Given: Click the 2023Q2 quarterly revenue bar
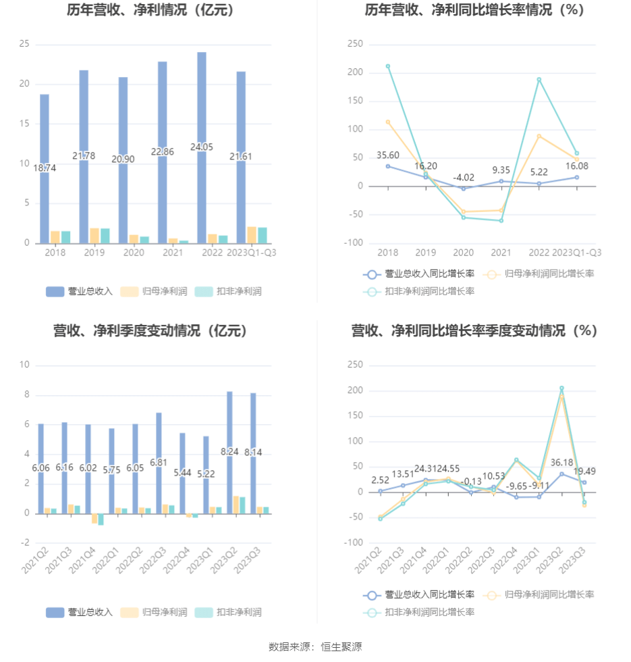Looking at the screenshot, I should tap(229, 453).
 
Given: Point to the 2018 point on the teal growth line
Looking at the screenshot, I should tap(387, 66).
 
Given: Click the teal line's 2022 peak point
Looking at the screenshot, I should tap(539, 80).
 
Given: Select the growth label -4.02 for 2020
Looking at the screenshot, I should tap(463, 178).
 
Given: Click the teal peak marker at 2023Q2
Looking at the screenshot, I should tap(561, 388).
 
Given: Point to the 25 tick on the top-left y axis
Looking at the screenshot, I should tap(24, 44).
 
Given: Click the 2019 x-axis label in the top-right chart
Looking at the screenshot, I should tap(425, 252).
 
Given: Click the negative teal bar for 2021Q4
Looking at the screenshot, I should tap(101, 519).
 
